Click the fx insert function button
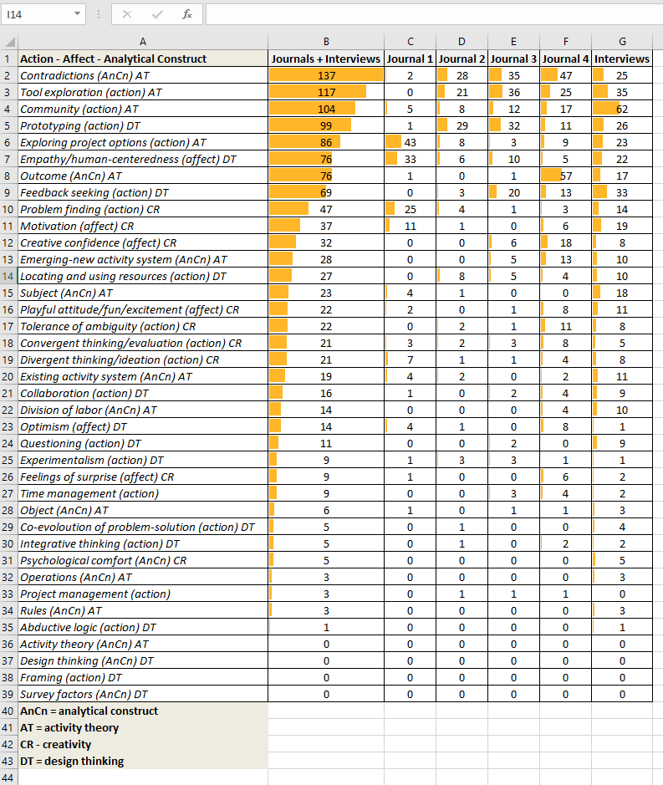(x=187, y=14)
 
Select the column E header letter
(x=513, y=42)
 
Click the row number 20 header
(x=8, y=376)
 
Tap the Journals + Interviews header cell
(x=326, y=59)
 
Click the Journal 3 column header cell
(x=513, y=59)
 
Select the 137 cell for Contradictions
(x=326, y=75)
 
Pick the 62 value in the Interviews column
(x=621, y=109)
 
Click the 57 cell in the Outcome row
(x=566, y=176)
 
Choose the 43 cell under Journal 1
(x=410, y=142)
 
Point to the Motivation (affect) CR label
(x=76, y=226)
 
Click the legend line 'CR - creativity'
(x=56, y=744)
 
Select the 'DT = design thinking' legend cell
(x=72, y=761)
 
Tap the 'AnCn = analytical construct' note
(x=89, y=711)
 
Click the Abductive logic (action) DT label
(x=88, y=627)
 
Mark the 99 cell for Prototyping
(x=326, y=125)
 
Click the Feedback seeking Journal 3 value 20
(x=513, y=192)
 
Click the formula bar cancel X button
(x=127, y=14)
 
